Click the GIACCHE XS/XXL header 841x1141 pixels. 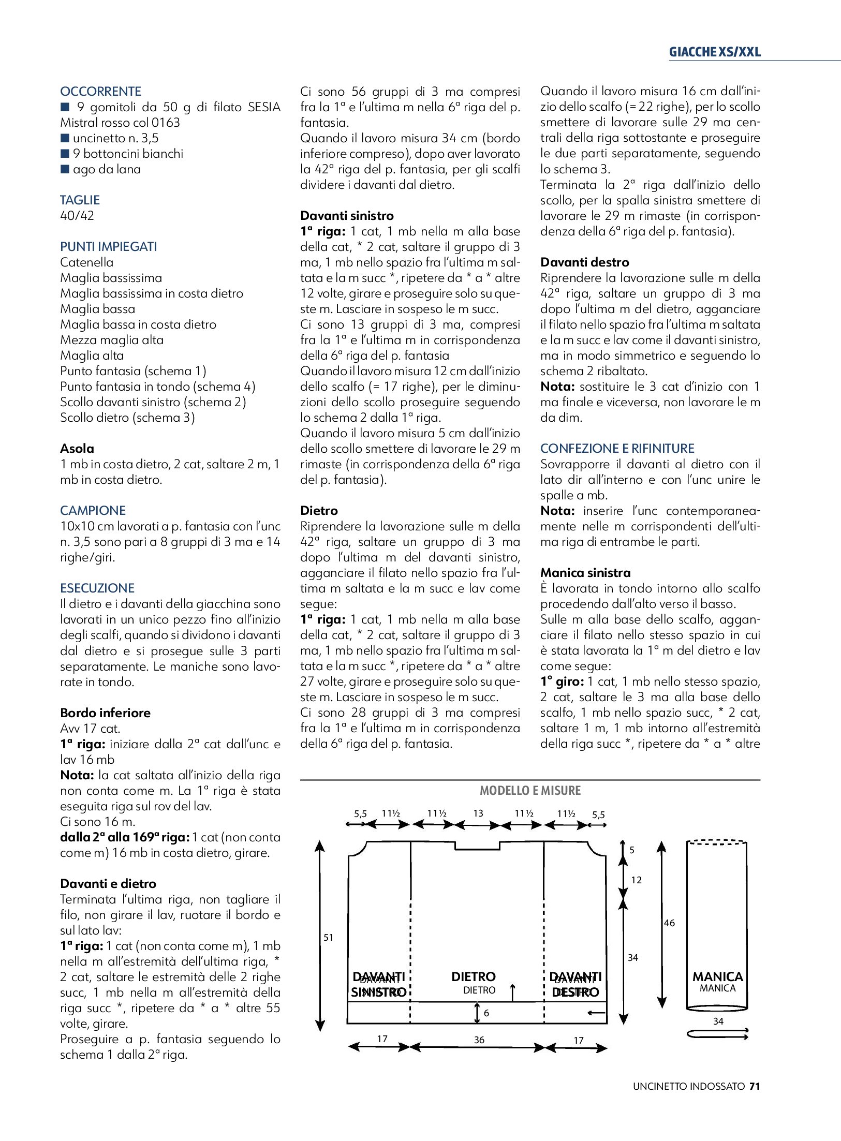click(x=715, y=52)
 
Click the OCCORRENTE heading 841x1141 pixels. click(x=100, y=92)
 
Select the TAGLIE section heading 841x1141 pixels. click(x=80, y=200)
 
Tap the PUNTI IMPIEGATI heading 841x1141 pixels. click(x=108, y=247)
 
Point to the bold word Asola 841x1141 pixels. click(x=77, y=449)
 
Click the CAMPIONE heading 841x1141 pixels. click(x=93, y=511)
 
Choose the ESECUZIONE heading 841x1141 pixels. click(x=97, y=588)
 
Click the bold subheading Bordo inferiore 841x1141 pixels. click(x=105, y=713)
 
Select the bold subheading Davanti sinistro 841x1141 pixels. click(x=347, y=216)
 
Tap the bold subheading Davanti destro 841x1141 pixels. click(x=584, y=262)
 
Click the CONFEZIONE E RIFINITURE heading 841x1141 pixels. click(x=617, y=449)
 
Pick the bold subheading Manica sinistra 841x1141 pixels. click(x=585, y=573)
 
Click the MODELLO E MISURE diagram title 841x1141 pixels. click(x=530, y=791)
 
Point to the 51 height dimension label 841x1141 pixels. click(x=329, y=938)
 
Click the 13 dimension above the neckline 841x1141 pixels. click(x=478, y=813)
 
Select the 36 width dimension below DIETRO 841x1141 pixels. click(x=479, y=1040)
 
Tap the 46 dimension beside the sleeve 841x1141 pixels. click(x=669, y=923)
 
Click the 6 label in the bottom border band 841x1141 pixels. click(x=486, y=1013)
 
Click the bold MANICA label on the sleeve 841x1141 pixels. click(x=717, y=977)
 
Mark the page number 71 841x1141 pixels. click(x=755, y=1087)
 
